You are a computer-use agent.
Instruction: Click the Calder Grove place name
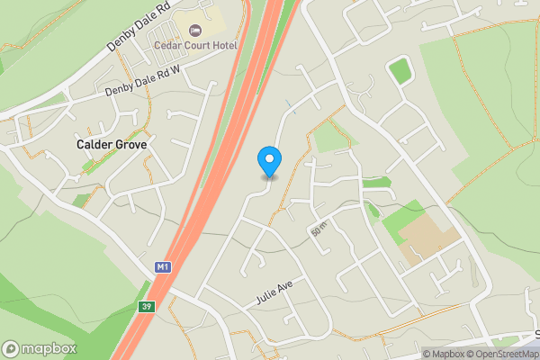112,144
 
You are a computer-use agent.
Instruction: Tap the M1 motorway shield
162,267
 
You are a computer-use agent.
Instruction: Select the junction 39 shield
145,307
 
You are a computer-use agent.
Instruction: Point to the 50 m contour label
318,230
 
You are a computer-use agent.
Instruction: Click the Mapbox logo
40,348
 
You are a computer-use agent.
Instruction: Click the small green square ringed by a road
399,70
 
